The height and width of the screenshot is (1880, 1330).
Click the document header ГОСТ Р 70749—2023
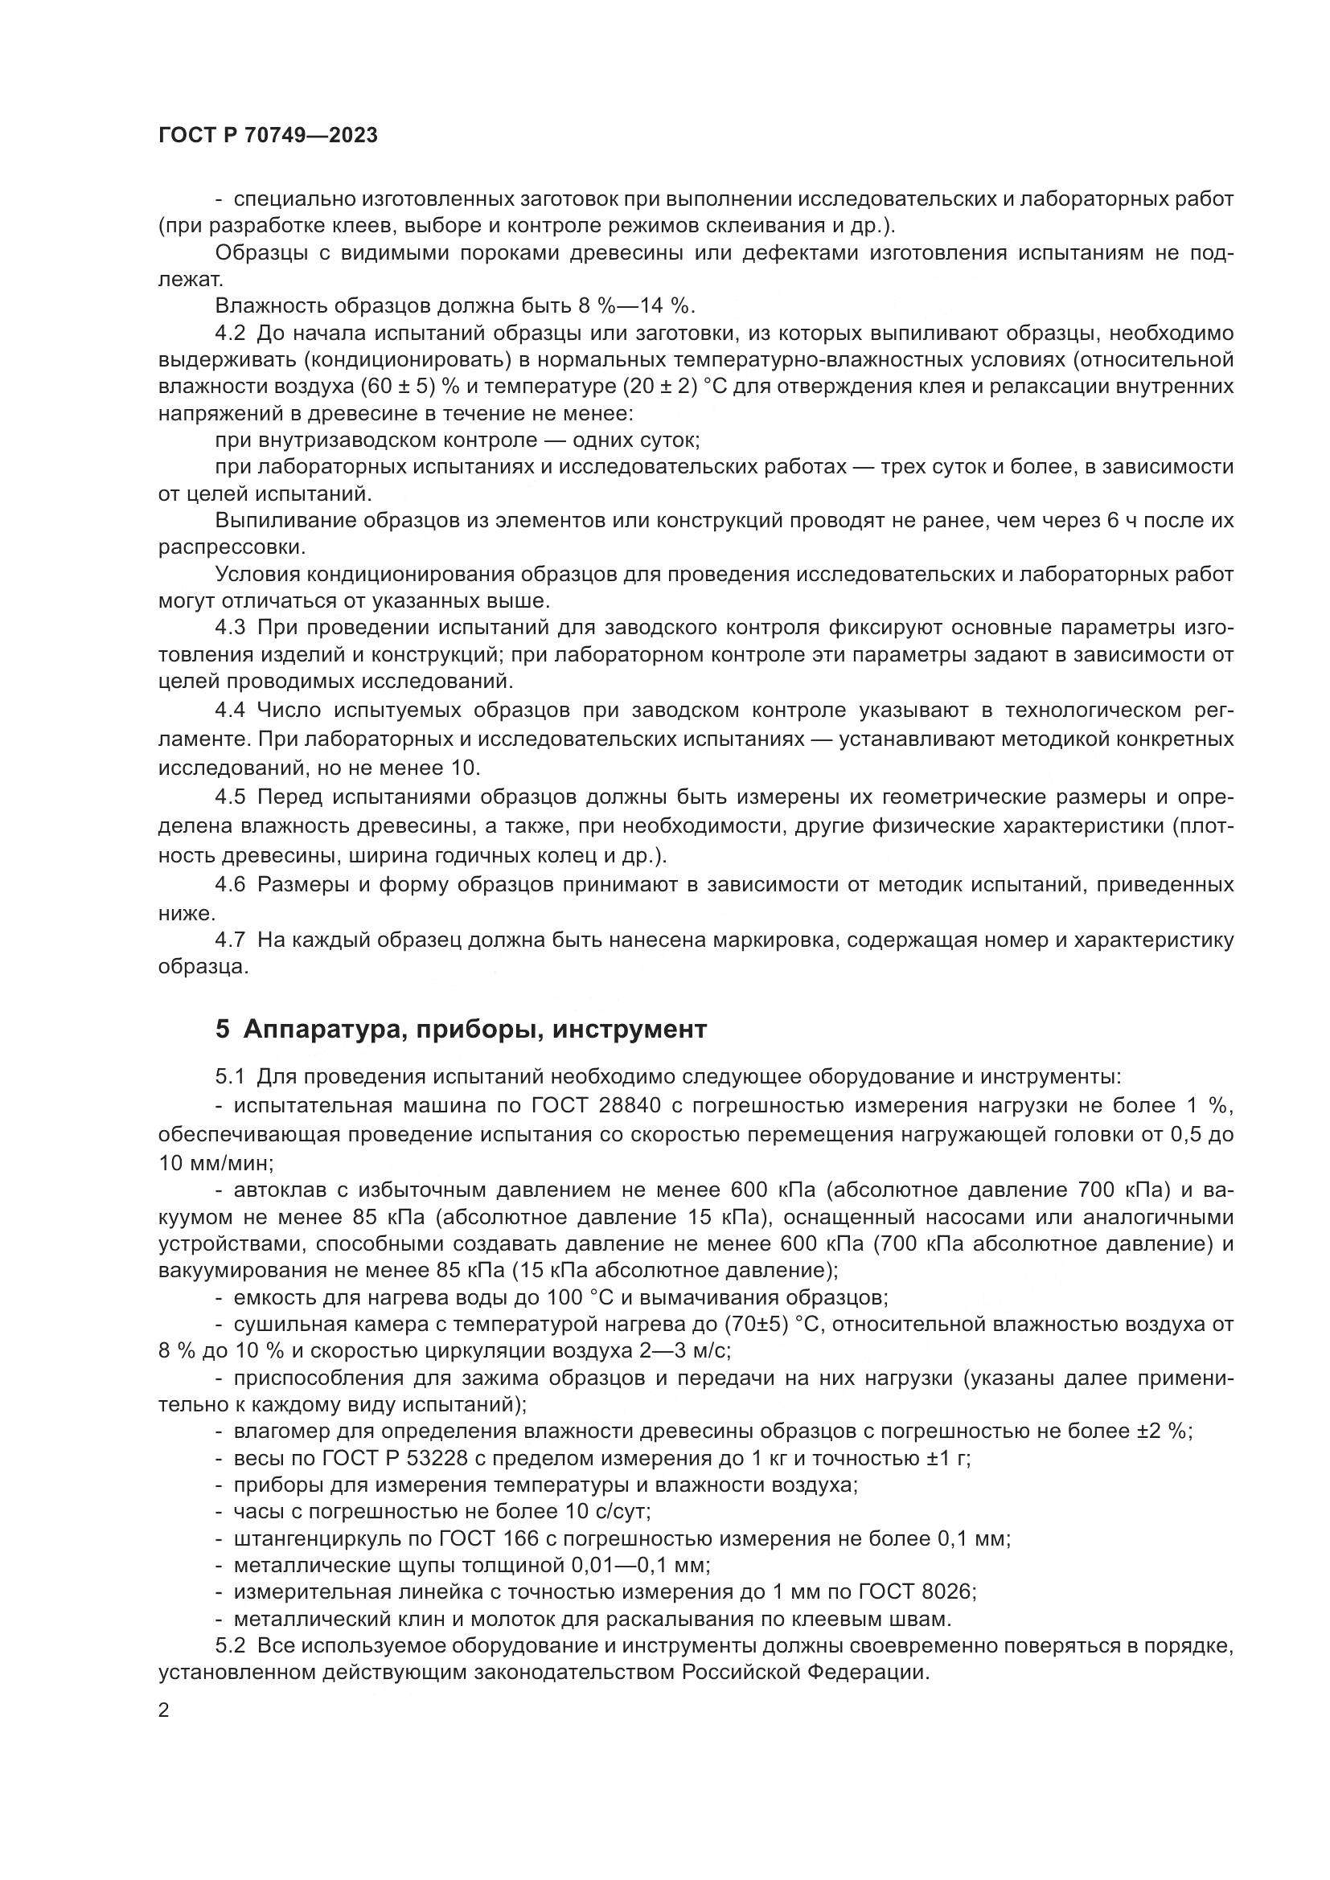point(268,136)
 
